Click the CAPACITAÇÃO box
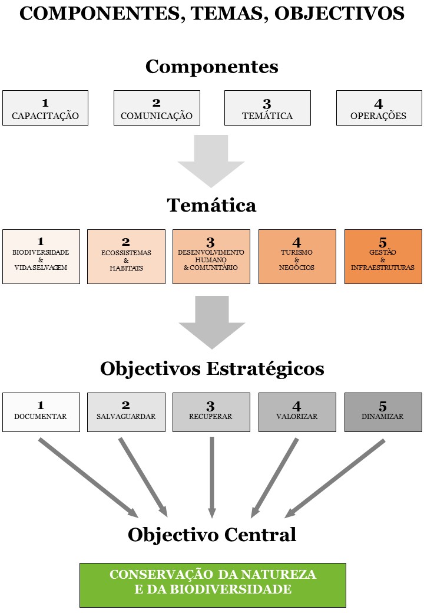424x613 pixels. coord(45,108)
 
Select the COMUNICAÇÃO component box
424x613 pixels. coord(157,108)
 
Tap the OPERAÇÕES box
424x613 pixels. coord(379,108)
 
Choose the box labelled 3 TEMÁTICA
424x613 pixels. coord(267,108)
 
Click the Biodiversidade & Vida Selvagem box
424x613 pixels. coord(41,256)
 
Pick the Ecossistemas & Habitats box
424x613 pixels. coord(126,256)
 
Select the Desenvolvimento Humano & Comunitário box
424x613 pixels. coord(211,256)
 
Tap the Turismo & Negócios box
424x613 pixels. coord(297,256)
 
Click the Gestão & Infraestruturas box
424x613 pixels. coord(383,256)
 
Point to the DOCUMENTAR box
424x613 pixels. coord(41,411)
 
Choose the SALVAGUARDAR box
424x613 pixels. coord(126,411)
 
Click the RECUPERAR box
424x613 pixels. coord(211,411)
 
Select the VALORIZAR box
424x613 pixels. coord(297,411)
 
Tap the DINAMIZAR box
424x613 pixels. coord(383,411)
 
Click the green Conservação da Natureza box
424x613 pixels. coord(213,585)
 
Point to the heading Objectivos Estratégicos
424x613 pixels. coord(212,369)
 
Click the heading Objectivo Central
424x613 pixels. coord(212,535)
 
